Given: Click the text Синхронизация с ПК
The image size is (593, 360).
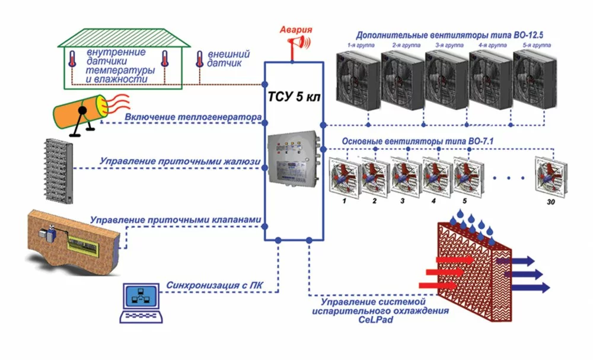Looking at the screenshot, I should coord(215,285).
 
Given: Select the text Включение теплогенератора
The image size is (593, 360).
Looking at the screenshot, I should coord(192,117).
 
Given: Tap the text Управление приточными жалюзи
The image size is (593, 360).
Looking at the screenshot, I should coord(178,161).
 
